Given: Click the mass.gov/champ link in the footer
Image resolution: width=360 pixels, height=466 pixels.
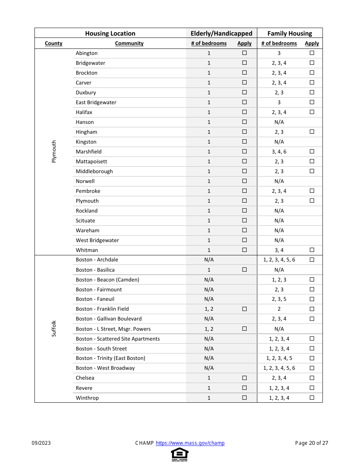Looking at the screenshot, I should (190, 443).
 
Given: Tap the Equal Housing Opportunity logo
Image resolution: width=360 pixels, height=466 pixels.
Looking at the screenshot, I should (180, 454).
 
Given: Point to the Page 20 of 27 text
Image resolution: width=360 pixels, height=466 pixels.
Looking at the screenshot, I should (311, 443).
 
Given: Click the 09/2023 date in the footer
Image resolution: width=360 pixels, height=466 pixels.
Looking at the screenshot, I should (41, 443).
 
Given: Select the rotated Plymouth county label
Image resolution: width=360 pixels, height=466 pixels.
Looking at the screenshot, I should (54, 152).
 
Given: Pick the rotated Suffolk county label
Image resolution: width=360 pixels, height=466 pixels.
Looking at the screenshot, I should (54, 328).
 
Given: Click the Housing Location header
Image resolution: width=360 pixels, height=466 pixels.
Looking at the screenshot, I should (110, 33).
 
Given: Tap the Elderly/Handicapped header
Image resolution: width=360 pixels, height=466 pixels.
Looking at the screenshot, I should (221, 33).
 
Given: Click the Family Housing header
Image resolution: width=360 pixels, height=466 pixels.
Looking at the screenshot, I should (290, 33).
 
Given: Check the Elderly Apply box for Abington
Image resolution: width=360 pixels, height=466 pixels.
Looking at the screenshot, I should (244, 53).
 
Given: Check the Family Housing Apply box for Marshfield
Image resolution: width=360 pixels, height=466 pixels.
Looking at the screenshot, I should (312, 152).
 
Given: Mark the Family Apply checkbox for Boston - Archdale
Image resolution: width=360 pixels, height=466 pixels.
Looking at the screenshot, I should (312, 260).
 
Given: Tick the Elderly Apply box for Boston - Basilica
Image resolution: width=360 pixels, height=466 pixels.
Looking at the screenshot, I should (244, 270).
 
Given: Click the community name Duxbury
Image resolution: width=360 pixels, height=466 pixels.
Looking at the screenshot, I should (86, 92).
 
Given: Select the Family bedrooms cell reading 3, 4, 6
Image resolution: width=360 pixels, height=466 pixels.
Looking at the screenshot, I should (279, 152).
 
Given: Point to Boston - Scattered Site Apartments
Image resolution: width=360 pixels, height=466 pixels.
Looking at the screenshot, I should (117, 339).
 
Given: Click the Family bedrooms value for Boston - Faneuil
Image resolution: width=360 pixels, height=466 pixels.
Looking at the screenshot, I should (279, 299).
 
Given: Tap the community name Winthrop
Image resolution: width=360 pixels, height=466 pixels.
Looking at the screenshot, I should (87, 398).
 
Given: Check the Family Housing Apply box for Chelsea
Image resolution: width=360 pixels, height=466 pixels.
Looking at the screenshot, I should (312, 378).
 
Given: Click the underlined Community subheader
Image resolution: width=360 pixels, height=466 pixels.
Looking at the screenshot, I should (129, 43).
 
